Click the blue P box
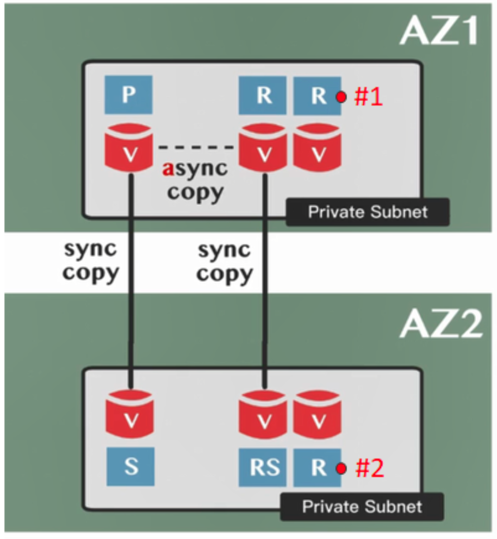point(128,95)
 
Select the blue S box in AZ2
point(131,467)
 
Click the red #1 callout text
point(369,98)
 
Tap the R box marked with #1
point(317,96)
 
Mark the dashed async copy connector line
point(196,147)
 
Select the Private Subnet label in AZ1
point(368,212)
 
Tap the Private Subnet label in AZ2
point(362,506)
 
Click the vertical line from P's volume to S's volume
point(130,277)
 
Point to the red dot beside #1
point(341,97)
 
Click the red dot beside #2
point(341,468)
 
